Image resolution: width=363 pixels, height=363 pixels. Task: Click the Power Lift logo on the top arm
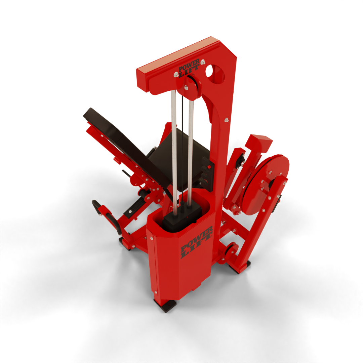pos(189,68)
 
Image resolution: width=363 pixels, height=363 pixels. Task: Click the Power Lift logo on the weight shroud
pos(197,242)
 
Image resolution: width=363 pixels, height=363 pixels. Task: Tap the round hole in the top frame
pos(214,74)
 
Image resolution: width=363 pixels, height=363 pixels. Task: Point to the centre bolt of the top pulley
pos(186,87)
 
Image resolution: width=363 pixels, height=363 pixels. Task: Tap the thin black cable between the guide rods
pos(183,148)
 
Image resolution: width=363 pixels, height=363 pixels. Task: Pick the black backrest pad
pos(126,146)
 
